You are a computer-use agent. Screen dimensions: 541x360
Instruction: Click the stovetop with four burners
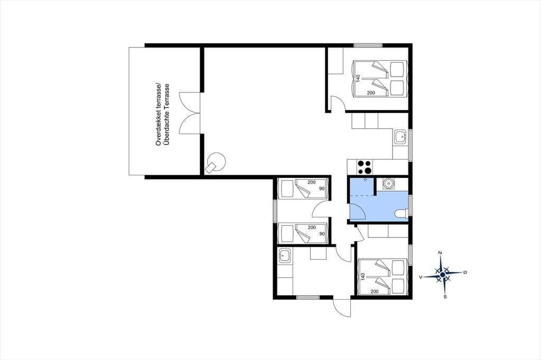(x=365, y=167)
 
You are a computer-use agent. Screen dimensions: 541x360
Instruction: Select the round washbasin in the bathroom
(x=389, y=184)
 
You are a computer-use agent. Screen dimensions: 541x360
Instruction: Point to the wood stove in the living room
(x=216, y=163)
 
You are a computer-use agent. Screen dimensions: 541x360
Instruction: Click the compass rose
(x=442, y=274)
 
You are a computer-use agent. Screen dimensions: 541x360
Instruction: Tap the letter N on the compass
(x=440, y=253)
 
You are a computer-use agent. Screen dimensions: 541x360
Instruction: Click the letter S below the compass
(x=445, y=297)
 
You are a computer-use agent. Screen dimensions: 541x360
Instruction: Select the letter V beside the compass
(x=421, y=277)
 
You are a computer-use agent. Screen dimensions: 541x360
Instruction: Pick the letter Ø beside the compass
(x=465, y=272)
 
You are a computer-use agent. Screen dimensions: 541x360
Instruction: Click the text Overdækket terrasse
(x=158, y=115)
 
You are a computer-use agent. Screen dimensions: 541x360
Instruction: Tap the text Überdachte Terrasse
(x=167, y=115)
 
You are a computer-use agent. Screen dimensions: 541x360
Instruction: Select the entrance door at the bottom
(x=342, y=306)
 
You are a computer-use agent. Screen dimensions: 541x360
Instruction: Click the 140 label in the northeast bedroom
(x=358, y=78)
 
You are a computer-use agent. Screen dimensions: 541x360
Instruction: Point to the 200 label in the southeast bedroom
(x=375, y=291)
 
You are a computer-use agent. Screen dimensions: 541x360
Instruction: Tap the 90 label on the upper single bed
(x=322, y=188)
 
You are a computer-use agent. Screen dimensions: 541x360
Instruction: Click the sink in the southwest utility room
(x=285, y=256)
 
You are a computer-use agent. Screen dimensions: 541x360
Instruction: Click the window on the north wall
(x=368, y=45)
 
